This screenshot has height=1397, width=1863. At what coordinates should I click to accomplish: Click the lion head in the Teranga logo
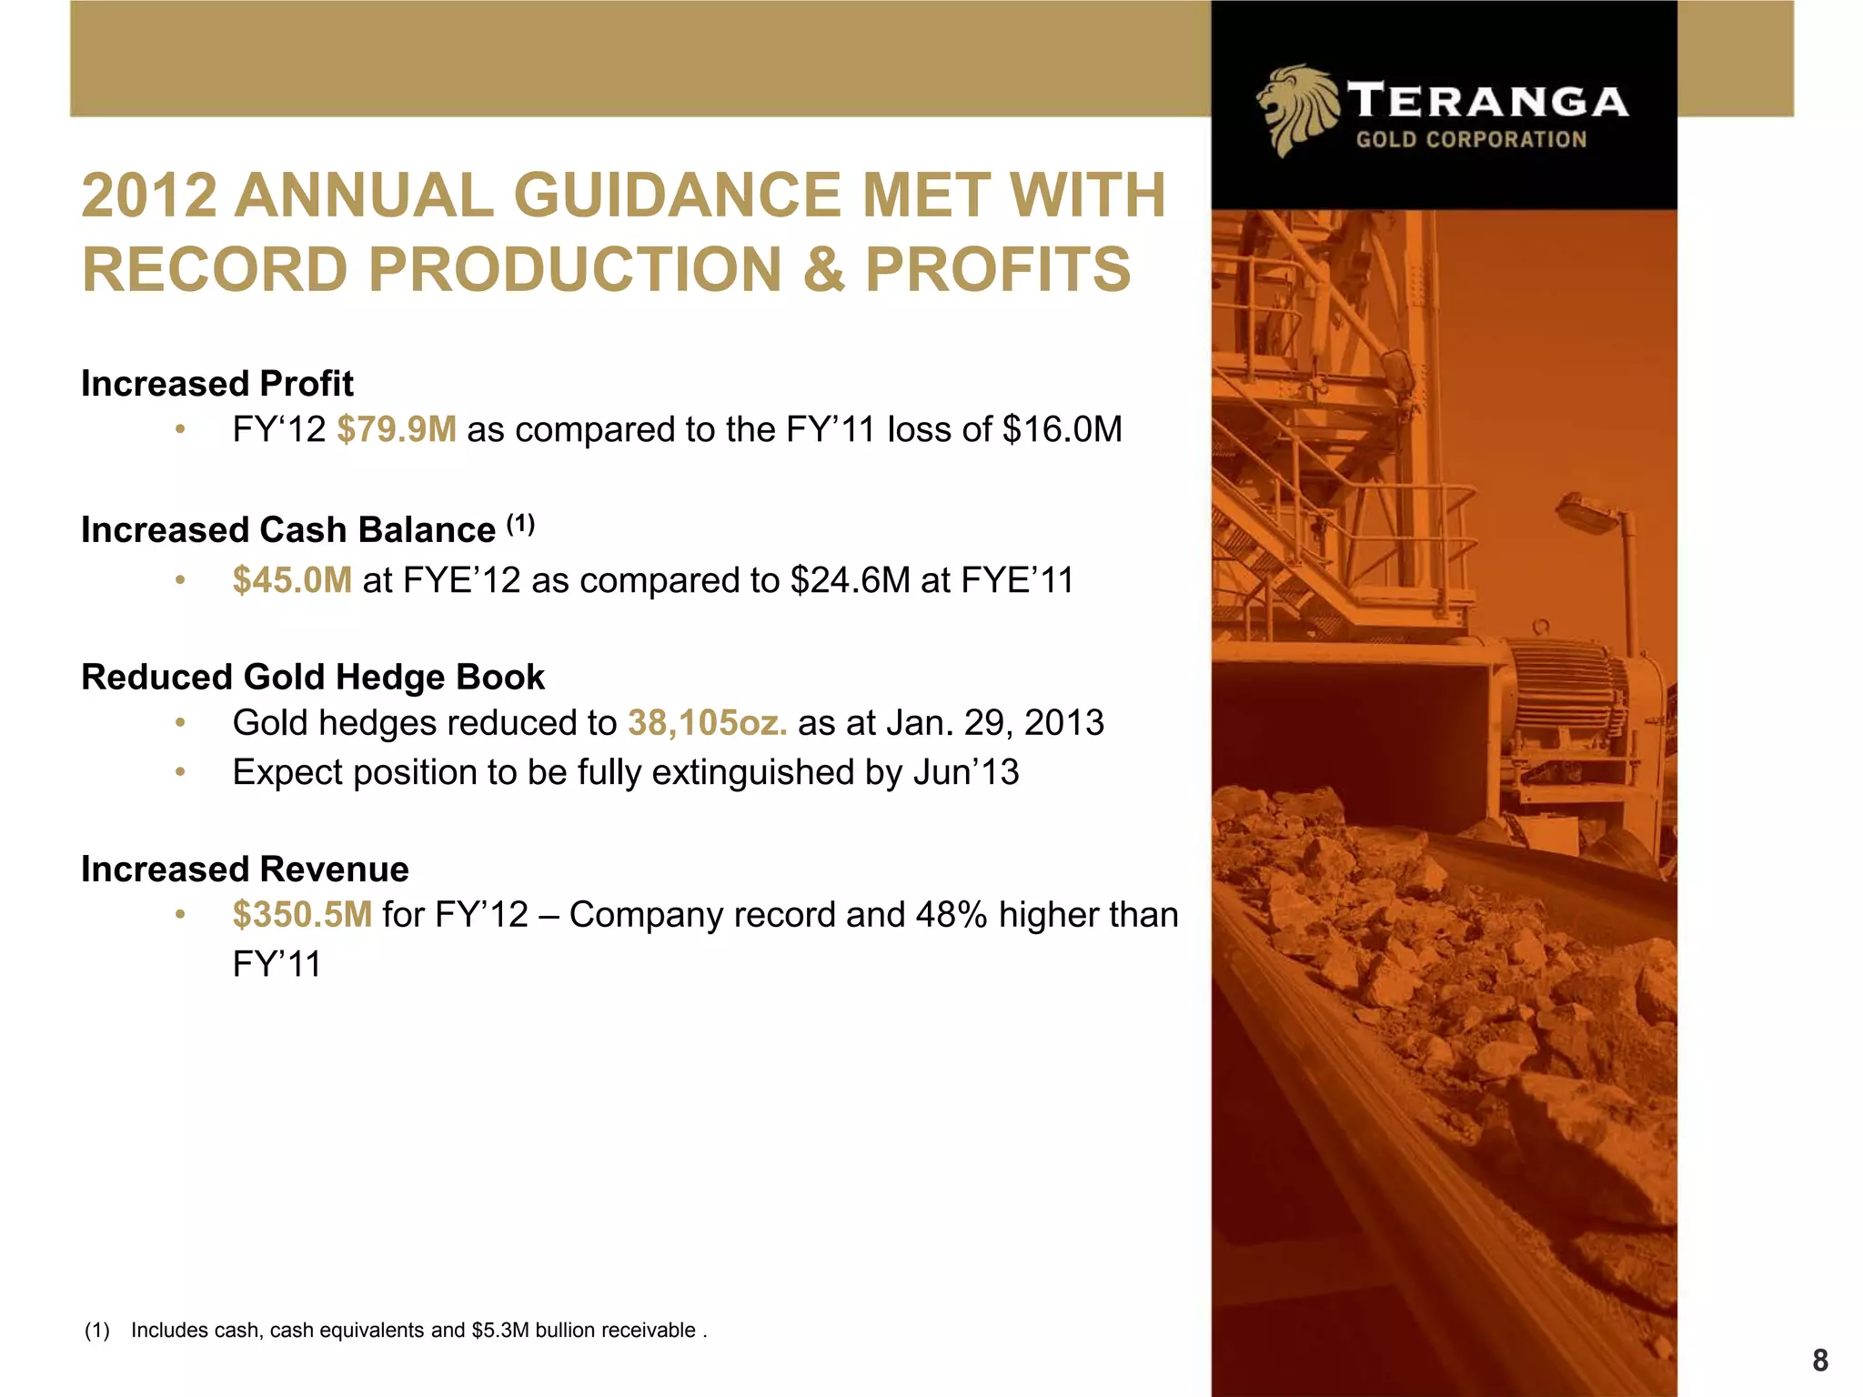(x=1296, y=109)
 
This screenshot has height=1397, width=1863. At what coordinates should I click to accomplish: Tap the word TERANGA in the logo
(x=1487, y=101)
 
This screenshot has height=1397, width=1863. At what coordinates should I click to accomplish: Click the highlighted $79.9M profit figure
(x=397, y=429)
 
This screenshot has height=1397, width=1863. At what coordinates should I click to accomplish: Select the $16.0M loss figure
(x=1062, y=429)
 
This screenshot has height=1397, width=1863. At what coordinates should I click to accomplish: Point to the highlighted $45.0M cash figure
(x=292, y=580)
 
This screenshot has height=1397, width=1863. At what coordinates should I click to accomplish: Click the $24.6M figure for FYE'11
(x=850, y=580)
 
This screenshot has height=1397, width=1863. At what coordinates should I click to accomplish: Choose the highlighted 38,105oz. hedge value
(x=707, y=723)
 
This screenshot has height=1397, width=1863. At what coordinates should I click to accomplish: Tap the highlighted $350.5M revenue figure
(x=302, y=915)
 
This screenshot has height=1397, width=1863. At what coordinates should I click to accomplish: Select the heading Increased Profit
(x=217, y=384)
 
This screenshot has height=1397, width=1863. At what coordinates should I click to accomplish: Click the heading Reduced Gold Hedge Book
(x=312, y=678)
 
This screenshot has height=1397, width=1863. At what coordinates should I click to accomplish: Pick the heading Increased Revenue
(x=245, y=869)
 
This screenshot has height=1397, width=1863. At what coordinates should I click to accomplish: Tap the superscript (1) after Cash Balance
(x=520, y=524)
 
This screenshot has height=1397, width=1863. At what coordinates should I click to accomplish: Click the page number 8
(x=1819, y=1361)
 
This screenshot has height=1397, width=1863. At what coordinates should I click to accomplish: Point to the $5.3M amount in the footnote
(x=500, y=1331)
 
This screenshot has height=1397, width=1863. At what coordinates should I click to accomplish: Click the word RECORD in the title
(x=215, y=270)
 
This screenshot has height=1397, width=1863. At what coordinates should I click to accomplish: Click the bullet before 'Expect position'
(x=180, y=772)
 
